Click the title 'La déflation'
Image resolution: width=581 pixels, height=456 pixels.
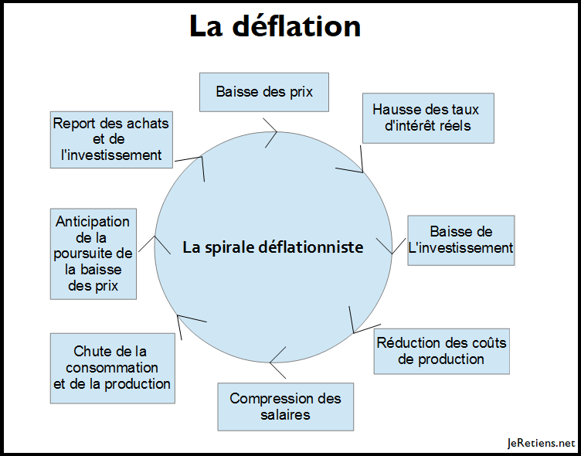coord(275,26)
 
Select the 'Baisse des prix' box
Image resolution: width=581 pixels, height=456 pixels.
coord(264,92)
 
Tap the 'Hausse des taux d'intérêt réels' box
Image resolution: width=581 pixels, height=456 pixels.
coord(427,117)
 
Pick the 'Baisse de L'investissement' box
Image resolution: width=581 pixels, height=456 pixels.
coord(460,240)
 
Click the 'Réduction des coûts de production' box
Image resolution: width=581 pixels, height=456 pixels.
coord(441,351)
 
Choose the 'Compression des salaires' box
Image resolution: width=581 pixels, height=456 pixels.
coord(285,407)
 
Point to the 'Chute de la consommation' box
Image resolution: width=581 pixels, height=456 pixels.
coord(112,368)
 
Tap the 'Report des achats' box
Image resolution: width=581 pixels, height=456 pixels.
coord(110,138)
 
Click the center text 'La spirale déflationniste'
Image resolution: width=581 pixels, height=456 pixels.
coord(273,247)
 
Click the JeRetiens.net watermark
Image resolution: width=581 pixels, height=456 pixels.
coord(541,443)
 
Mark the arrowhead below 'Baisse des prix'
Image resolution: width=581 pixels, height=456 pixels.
coord(271,127)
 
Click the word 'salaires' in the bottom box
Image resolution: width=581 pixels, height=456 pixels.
coord(285,415)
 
